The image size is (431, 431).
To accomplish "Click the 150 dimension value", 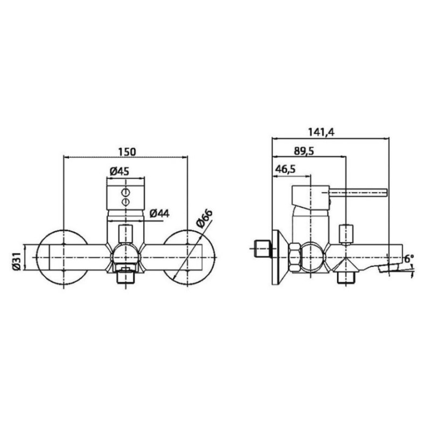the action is click(x=127, y=151).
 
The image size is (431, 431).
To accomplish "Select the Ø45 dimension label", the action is click(x=119, y=171).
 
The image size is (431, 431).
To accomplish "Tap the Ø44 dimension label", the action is click(x=159, y=213).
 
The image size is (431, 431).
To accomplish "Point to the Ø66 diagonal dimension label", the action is click(x=205, y=219).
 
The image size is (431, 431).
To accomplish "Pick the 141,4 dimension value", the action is click(x=321, y=132).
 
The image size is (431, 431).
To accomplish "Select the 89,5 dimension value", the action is click(x=304, y=151).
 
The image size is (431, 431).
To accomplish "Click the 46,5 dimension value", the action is click(x=286, y=169).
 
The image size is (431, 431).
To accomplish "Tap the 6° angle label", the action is click(x=409, y=259).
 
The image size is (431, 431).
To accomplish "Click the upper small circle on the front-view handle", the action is click(x=126, y=192).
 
